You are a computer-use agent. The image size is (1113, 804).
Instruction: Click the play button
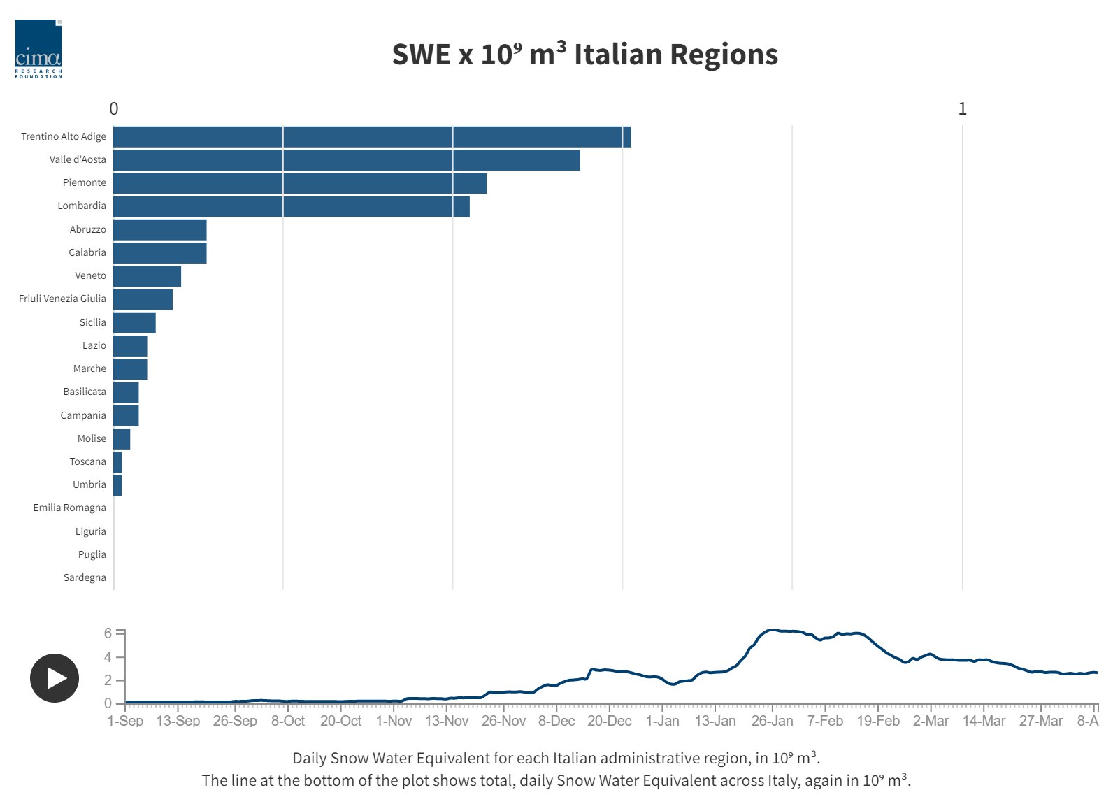point(55,677)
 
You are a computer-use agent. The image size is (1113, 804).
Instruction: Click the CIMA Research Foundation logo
point(38,49)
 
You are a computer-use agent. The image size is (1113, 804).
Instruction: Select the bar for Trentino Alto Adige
point(372,136)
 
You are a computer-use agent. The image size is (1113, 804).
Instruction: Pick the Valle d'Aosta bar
point(347,160)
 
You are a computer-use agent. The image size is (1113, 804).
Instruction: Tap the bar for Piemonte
point(300,183)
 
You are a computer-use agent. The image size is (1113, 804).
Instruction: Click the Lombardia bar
point(292,206)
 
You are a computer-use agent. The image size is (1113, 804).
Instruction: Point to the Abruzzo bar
point(160,229)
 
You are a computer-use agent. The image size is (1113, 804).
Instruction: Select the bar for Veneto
point(147,276)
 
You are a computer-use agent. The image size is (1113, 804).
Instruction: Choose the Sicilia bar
point(135,322)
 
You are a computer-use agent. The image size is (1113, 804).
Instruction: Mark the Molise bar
point(122,439)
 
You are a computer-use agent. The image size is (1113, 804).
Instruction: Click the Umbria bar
point(117,485)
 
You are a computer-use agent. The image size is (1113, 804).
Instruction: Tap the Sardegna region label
point(85,577)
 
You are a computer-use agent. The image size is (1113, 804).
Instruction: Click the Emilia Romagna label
point(70,508)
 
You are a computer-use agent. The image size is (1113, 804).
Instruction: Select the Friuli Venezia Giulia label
point(63,299)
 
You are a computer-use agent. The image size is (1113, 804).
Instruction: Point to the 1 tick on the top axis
point(963,108)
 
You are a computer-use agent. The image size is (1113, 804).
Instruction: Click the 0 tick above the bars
point(114,108)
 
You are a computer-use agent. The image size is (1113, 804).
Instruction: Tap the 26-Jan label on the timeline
point(772,721)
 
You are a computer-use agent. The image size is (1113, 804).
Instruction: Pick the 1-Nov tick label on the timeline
point(394,721)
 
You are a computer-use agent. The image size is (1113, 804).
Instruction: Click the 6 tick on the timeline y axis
point(108,633)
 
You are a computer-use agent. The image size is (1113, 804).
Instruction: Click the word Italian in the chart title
point(617,54)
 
